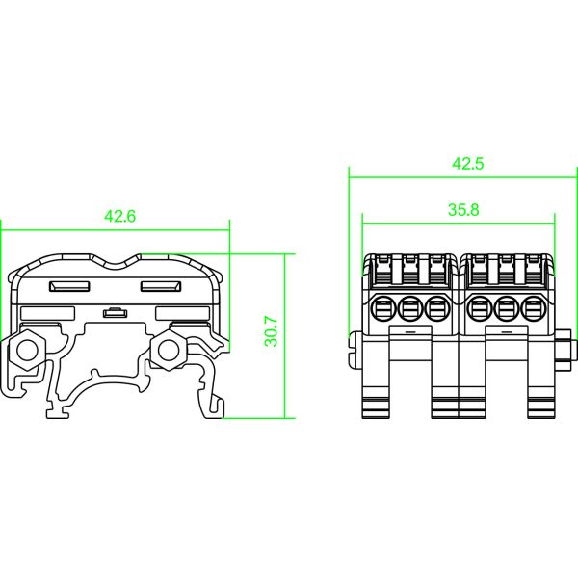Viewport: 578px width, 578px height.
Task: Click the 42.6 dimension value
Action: [x=119, y=218]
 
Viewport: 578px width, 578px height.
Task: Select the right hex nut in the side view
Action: [x=171, y=348]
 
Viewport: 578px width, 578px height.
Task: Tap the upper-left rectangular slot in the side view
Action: [x=68, y=287]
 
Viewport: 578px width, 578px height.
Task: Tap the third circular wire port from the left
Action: [x=437, y=309]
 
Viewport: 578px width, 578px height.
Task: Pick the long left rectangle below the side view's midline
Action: [x=46, y=313]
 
